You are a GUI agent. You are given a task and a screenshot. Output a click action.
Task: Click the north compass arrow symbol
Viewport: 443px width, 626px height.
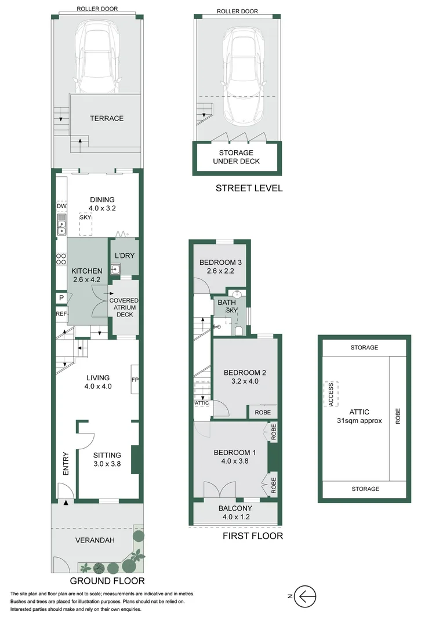click(x=306, y=595)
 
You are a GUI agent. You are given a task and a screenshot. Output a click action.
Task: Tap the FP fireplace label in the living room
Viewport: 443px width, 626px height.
click(x=135, y=380)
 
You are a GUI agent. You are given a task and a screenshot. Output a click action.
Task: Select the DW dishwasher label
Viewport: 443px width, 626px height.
click(x=61, y=207)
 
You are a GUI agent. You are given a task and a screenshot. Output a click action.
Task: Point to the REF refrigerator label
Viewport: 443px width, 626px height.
click(x=61, y=314)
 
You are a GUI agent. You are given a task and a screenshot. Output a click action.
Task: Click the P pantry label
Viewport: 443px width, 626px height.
click(x=61, y=297)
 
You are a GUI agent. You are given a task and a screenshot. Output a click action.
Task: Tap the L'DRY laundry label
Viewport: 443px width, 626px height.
click(x=125, y=256)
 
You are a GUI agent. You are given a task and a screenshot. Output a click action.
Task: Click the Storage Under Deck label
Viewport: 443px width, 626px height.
click(x=237, y=157)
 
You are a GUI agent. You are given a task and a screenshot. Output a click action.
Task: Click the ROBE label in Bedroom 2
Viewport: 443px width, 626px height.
click(x=263, y=412)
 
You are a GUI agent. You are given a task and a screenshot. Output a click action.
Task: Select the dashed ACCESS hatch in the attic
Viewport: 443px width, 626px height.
click(x=331, y=395)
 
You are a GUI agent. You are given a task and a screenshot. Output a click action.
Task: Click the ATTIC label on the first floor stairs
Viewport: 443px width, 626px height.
click(x=202, y=403)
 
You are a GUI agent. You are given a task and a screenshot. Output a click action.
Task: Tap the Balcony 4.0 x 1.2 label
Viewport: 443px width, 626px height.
click(x=235, y=512)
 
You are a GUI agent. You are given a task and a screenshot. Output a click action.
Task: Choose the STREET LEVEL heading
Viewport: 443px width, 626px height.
click(x=249, y=188)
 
